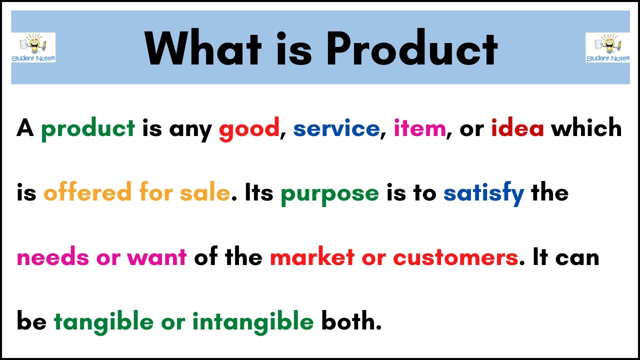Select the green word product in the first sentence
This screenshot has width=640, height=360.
pyautogui.click(x=88, y=129)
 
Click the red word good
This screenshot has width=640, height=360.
pyautogui.click(x=249, y=129)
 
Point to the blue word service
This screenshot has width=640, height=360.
pyautogui.click(x=336, y=129)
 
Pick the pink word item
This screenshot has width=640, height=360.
pyautogui.click(x=419, y=129)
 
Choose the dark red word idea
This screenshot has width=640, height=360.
pyautogui.click(x=517, y=129)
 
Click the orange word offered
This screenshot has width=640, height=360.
pyautogui.click(x=87, y=193)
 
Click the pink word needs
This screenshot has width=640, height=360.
pyautogui.click(x=53, y=257)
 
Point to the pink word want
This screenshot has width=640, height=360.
pyautogui.click(x=157, y=257)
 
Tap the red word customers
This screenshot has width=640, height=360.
pyautogui.click(x=455, y=257)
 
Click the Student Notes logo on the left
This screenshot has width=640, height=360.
pyautogui.click(x=33, y=48)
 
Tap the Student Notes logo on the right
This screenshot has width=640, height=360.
pyautogui.click(x=607, y=48)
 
